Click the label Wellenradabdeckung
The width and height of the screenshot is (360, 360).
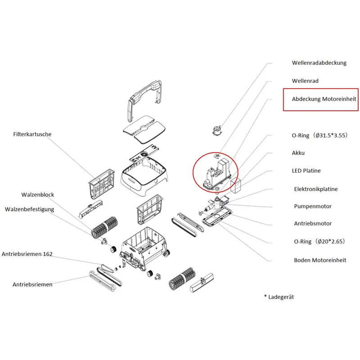[319, 63]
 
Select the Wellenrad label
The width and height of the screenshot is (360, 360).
[305, 81]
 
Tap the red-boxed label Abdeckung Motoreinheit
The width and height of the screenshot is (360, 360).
[324, 99]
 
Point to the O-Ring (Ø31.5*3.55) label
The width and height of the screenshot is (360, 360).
[319, 135]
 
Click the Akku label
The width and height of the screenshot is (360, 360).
[298, 153]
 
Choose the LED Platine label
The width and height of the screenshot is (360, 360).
[306, 171]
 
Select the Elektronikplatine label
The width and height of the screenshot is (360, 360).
[316, 189]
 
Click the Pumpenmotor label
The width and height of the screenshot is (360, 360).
[313, 207]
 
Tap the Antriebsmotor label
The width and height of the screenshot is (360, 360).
[313, 223]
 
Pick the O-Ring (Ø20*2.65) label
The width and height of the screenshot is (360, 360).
[319, 241]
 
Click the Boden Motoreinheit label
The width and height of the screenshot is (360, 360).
[320, 260]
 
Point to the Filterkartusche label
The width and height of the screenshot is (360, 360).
[32, 134]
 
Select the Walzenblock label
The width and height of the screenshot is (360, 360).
[38, 195]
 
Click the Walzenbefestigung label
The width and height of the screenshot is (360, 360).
[29, 209]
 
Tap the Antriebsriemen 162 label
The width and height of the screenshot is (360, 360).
[27, 254]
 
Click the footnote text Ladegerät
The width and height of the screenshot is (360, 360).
[281, 297]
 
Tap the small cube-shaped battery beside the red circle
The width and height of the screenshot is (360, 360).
[235, 184]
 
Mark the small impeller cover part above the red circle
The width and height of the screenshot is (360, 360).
[217, 130]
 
